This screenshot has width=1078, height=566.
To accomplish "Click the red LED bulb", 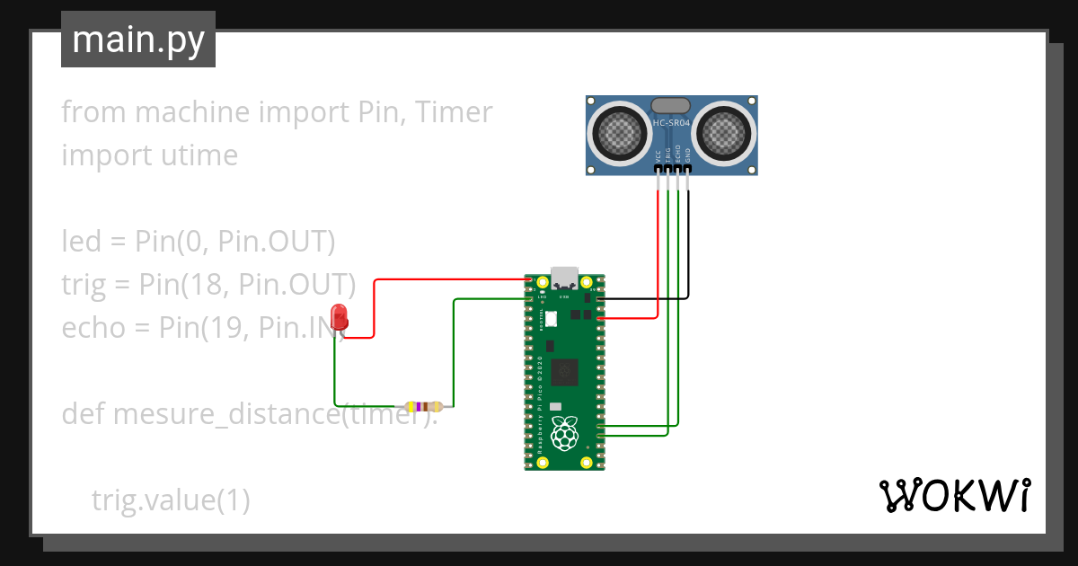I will [339, 316].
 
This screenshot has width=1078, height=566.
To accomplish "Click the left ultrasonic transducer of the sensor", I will [620, 134].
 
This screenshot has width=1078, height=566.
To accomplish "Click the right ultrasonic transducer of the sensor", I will [723, 134].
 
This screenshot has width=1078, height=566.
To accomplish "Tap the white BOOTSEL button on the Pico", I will [552, 318].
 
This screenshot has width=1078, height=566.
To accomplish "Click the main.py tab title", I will [138, 40].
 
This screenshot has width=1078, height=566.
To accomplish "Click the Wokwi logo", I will [954, 495].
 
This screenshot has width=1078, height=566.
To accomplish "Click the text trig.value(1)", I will [171, 500].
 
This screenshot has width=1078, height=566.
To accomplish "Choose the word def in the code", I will [84, 414].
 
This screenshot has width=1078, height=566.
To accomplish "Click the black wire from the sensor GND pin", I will [689, 243].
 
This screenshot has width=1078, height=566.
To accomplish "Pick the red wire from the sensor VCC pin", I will [658, 243].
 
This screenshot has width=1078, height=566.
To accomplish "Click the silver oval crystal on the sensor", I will [671, 105].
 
